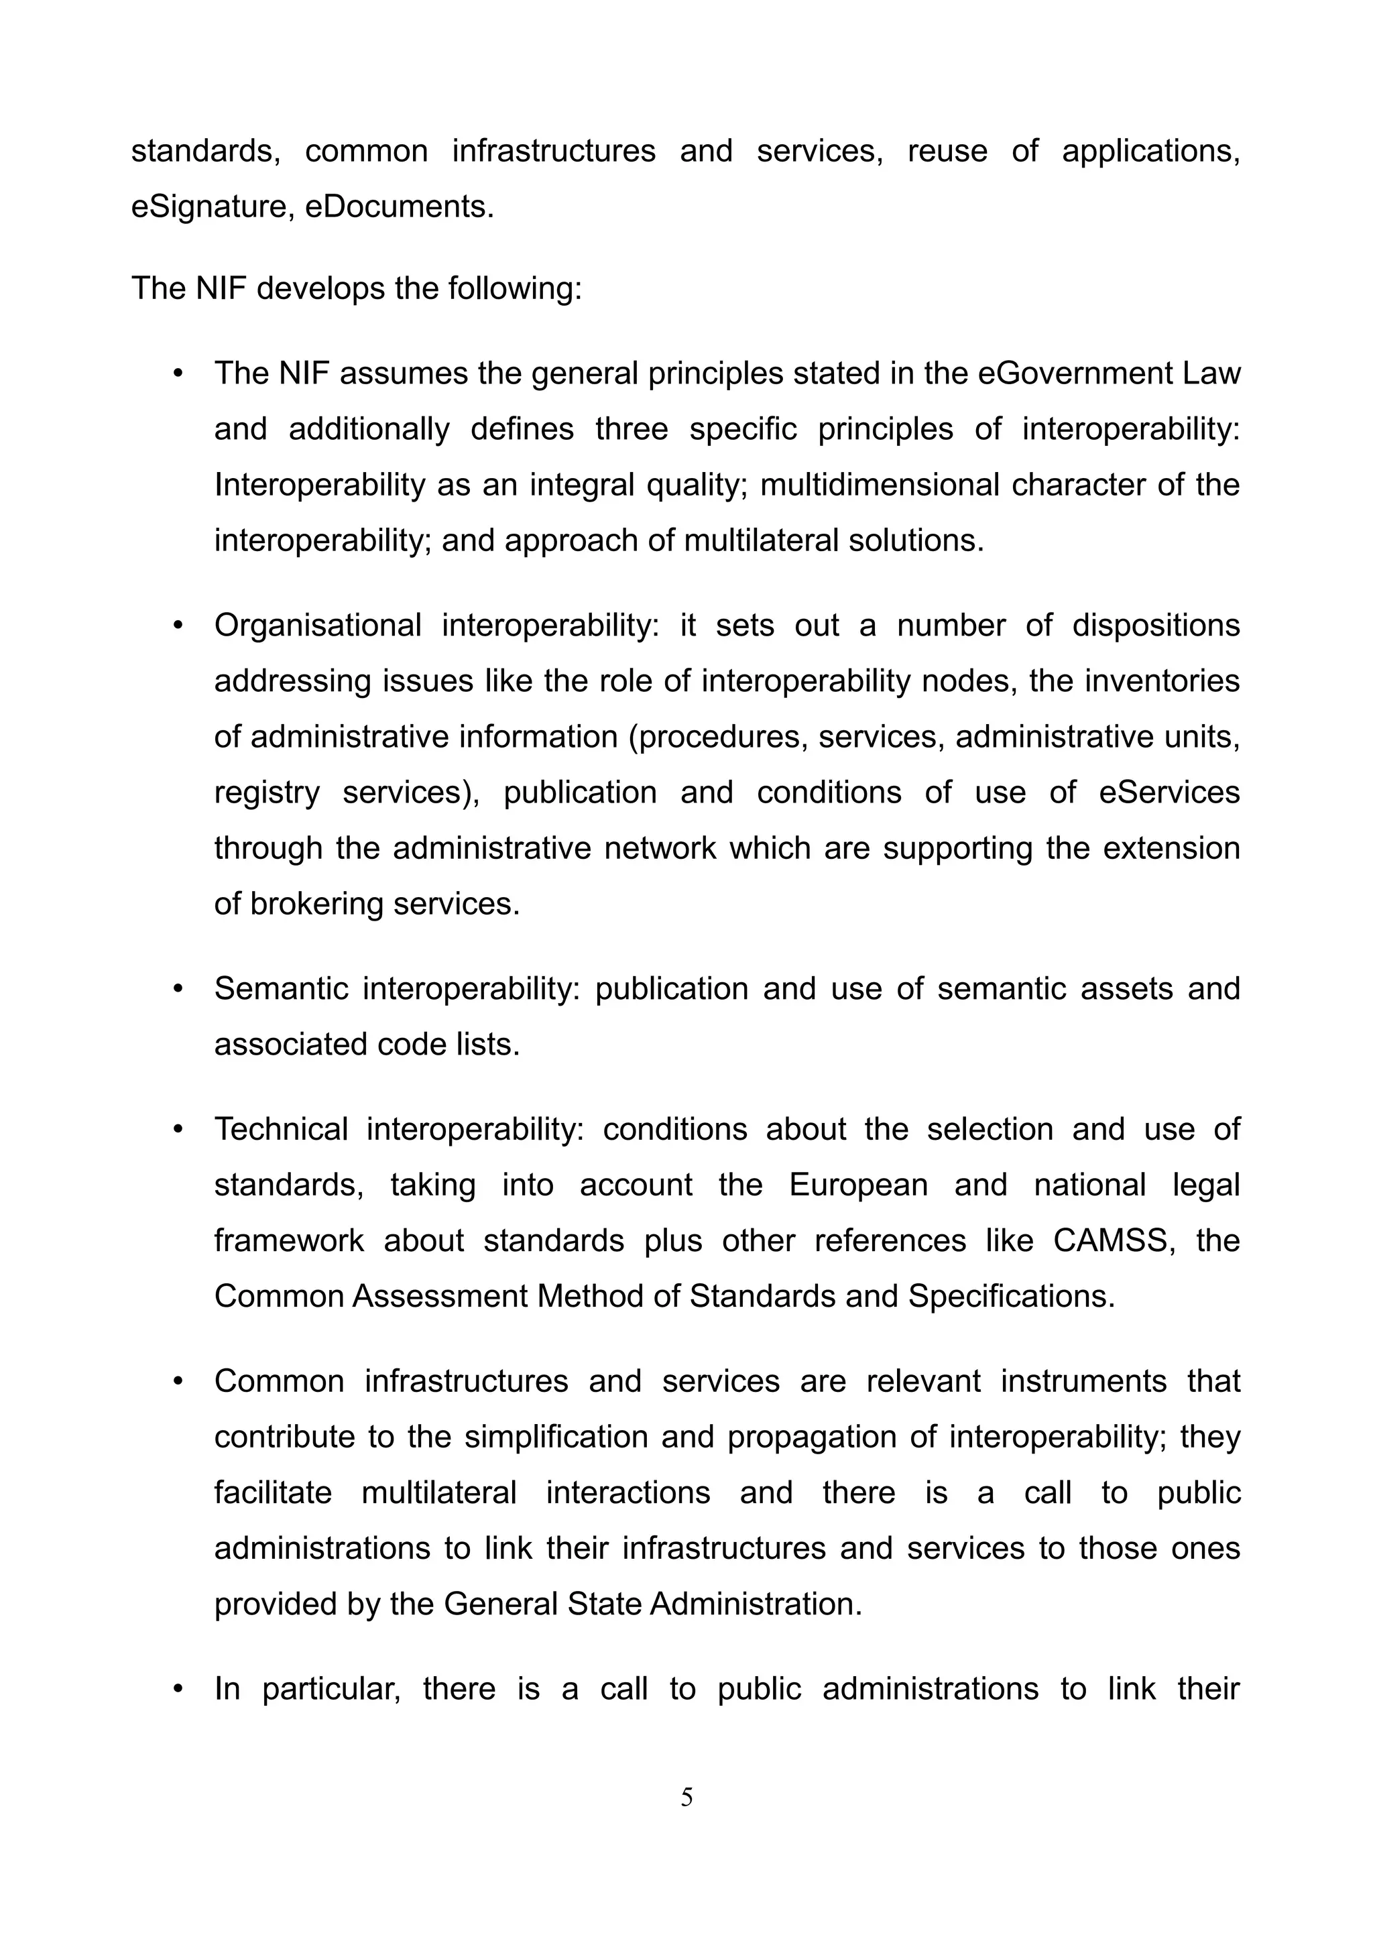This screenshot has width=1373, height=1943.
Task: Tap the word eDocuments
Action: pos(398,207)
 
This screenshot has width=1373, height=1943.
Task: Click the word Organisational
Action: pos(317,626)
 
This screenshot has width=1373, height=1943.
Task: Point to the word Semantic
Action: pos(280,988)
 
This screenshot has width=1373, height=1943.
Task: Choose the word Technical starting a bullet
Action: pos(280,1129)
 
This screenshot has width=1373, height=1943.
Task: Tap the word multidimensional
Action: pos(879,485)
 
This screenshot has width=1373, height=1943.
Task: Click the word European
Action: pos(858,1185)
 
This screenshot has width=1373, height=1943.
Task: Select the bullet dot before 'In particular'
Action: pos(178,1689)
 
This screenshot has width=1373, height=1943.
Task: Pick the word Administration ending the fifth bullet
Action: pos(756,1604)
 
